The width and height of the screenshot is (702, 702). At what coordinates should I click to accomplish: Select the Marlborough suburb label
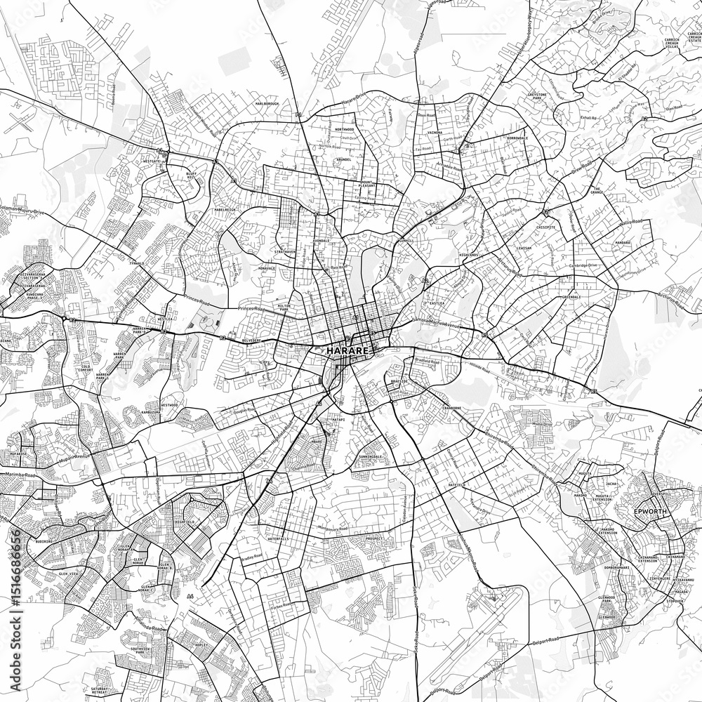click(x=266, y=103)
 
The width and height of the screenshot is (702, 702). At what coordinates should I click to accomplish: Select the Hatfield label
click(x=457, y=486)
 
